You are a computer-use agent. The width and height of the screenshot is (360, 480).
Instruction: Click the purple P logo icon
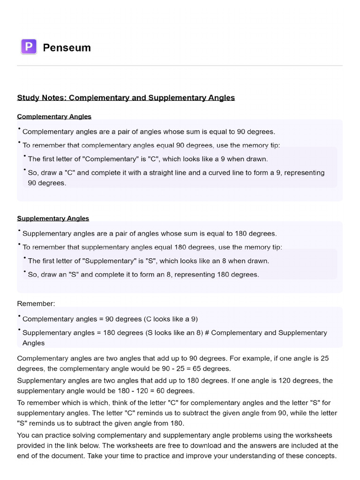tap(29, 47)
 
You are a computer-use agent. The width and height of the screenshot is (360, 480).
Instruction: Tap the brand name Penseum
tap(67, 47)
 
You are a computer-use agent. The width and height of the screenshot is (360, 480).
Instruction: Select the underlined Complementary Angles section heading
tap(54, 116)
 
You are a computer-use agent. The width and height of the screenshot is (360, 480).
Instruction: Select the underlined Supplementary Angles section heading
tap(53, 218)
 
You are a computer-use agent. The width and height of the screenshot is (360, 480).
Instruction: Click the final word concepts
tap(321, 456)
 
